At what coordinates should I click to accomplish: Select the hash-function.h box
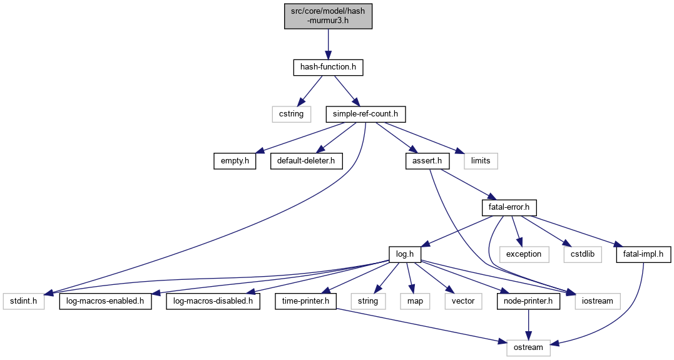328,67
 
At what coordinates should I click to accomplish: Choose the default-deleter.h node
303,161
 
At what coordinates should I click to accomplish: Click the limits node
481,161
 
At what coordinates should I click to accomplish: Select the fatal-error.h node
508,207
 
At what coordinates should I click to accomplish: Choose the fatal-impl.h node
643,254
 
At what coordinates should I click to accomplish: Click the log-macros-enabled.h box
106,301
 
